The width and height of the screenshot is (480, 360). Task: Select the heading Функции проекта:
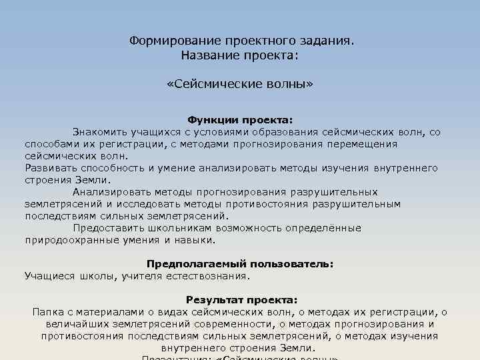click(x=239, y=120)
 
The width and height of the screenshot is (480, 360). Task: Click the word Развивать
click(x=49, y=168)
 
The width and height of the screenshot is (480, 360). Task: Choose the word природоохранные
click(x=72, y=240)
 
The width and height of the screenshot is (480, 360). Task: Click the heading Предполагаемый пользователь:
click(x=239, y=263)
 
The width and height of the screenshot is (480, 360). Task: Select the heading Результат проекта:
click(x=241, y=300)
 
